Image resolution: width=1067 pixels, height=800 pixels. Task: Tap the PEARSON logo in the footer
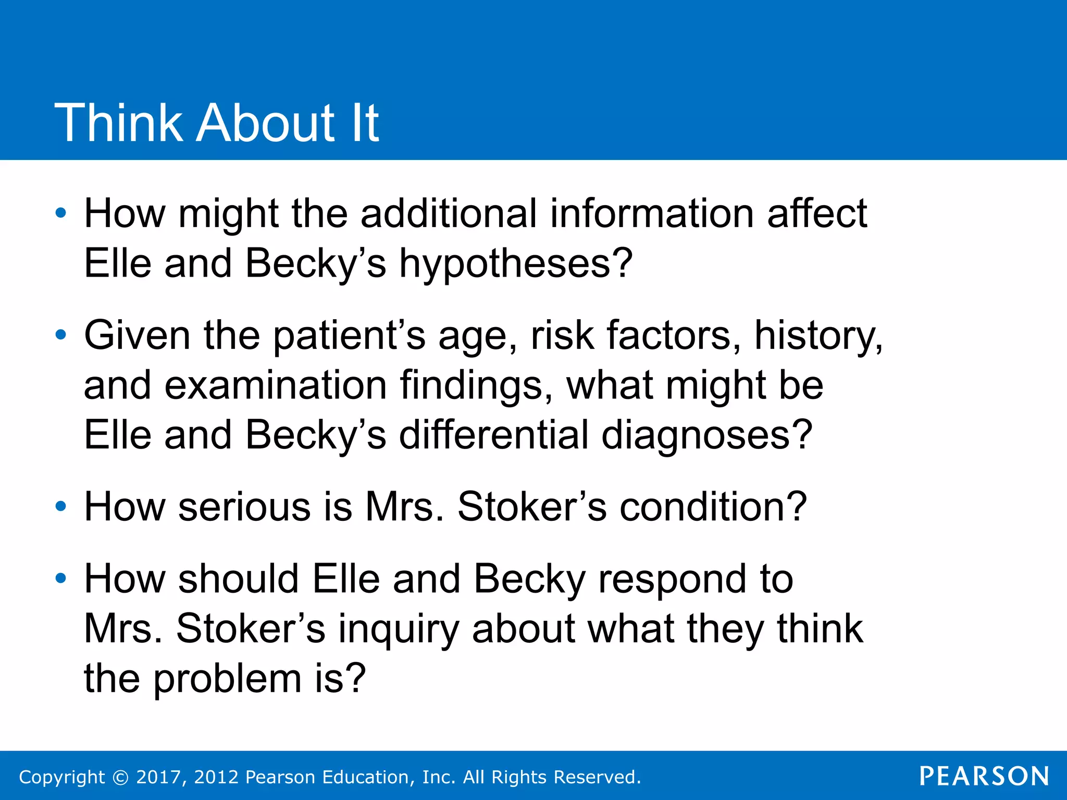(984, 776)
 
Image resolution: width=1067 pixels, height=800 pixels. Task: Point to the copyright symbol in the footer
(120, 777)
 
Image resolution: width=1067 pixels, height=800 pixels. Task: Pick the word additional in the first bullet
(449, 214)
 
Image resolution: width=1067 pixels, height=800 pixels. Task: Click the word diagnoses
(706, 435)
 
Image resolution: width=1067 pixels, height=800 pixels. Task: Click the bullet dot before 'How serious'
(61, 506)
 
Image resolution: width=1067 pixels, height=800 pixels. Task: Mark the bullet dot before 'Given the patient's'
(61, 335)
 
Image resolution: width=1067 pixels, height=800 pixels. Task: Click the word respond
(696, 580)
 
